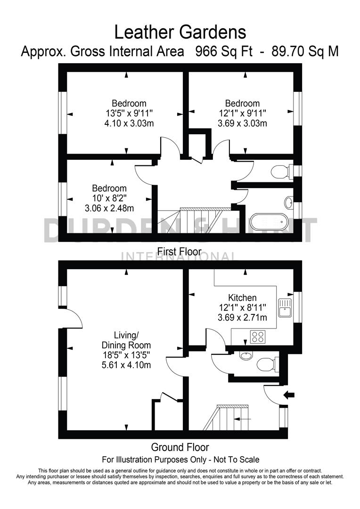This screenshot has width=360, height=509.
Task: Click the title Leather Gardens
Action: click(180, 32)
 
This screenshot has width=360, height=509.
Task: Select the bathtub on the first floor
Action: click(268, 222)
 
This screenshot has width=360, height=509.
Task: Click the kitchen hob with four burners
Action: click(258, 337)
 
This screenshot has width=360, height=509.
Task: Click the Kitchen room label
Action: click(242, 297)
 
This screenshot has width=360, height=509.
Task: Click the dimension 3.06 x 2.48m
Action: click(109, 208)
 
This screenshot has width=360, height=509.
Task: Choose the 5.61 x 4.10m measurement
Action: click(127, 365)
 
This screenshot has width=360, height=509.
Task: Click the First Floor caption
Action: click(180, 252)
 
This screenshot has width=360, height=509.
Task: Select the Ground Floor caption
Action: click(180, 447)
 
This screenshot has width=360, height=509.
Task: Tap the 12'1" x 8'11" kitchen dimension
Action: click(242, 308)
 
